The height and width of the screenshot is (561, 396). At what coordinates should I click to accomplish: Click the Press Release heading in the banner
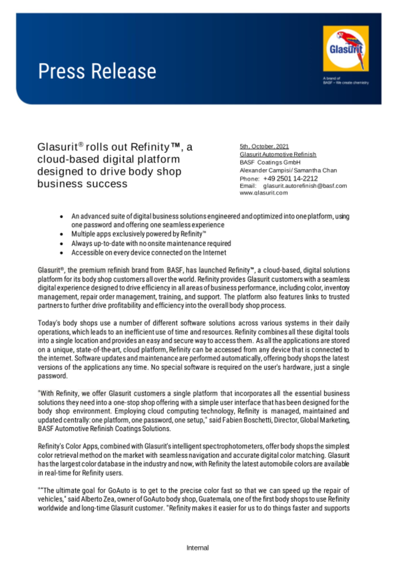tap(97, 71)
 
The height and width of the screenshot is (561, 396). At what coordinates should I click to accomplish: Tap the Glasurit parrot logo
tap(346, 49)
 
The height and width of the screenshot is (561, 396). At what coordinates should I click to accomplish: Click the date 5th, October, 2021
tap(264, 146)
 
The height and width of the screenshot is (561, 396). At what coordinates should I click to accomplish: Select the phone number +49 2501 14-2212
tap(290, 179)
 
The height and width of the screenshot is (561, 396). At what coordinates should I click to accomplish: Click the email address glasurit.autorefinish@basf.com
tap(305, 186)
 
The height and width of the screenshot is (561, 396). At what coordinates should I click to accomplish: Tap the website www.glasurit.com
tap(263, 193)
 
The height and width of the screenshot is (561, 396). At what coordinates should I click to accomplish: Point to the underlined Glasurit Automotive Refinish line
tap(278, 155)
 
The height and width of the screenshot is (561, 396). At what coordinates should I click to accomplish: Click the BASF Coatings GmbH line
tap(270, 162)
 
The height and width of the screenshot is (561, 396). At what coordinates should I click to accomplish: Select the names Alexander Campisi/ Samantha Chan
tap(288, 171)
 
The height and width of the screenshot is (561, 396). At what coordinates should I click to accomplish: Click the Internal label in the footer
tap(198, 548)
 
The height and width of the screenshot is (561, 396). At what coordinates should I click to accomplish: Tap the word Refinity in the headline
tap(150, 147)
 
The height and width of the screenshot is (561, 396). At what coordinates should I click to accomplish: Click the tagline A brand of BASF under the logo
tap(346, 81)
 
